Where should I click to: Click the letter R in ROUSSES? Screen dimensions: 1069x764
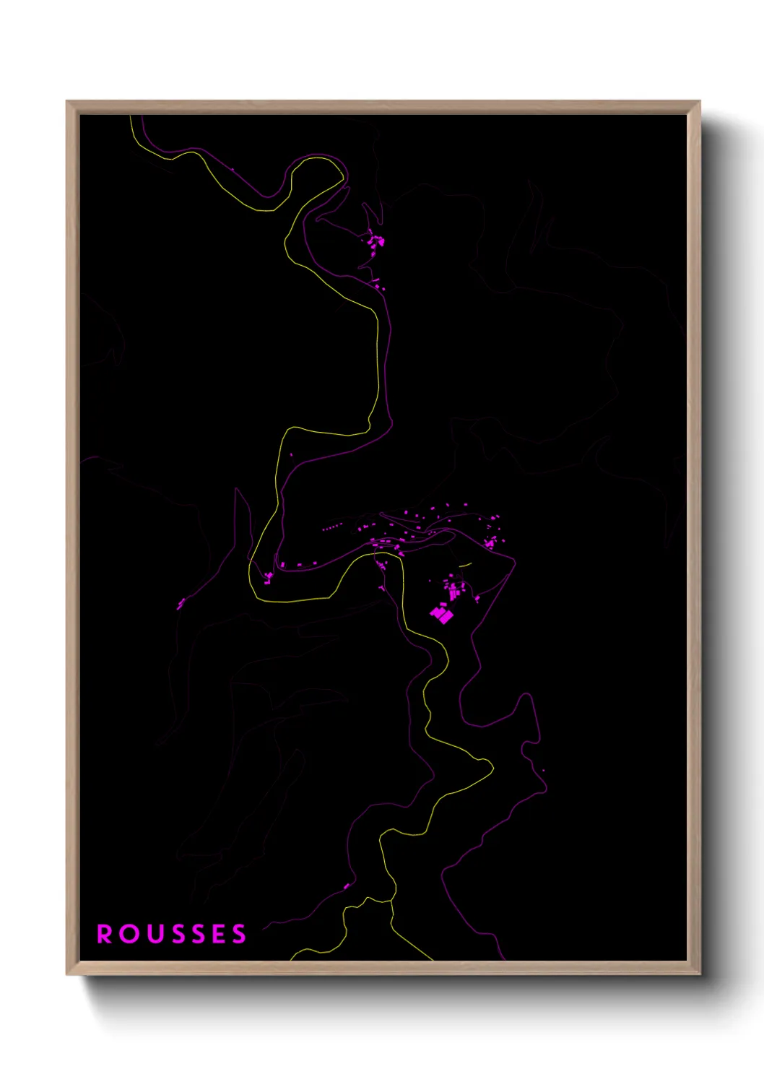pyautogui.click(x=105, y=934)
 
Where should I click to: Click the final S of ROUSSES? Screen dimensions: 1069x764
pyautogui.click(x=239, y=934)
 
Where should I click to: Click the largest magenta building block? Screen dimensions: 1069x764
pyautogui.click(x=440, y=614)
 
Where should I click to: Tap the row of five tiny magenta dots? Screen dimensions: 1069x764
pyautogui.click(x=330, y=528)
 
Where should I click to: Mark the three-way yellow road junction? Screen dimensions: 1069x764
pyautogui.click(x=392, y=901)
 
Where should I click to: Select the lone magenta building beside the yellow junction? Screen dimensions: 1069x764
pyautogui.click(x=347, y=886)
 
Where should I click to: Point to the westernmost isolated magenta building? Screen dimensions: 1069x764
pyautogui.click(x=180, y=602)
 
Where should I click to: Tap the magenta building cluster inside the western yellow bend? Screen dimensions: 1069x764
pyautogui.click(x=269, y=576)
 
